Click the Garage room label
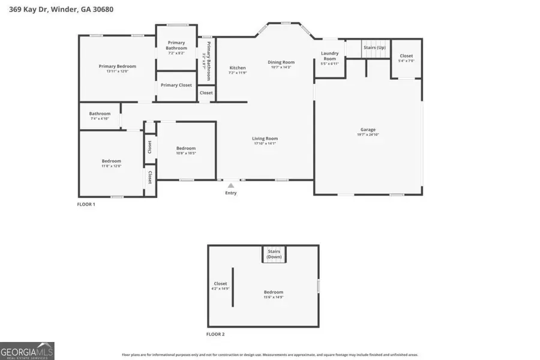click(368, 130)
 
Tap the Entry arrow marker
click(230, 186)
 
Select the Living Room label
click(265, 139)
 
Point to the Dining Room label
click(281, 62)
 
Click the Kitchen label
click(238, 68)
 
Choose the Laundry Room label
click(330, 56)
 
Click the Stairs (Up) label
click(374, 47)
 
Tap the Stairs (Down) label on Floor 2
click(274, 254)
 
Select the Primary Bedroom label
click(118, 66)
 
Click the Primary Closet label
click(176, 85)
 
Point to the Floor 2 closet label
click(220, 284)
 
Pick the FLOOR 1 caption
click(86, 205)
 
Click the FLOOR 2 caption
click(215, 334)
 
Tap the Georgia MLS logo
click(28, 350)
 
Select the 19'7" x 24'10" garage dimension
click(368, 134)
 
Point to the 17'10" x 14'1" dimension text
click(265, 143)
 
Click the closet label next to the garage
click(406, 56)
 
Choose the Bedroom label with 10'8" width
click(185, 148)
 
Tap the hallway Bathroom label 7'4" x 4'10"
click(100, 113)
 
